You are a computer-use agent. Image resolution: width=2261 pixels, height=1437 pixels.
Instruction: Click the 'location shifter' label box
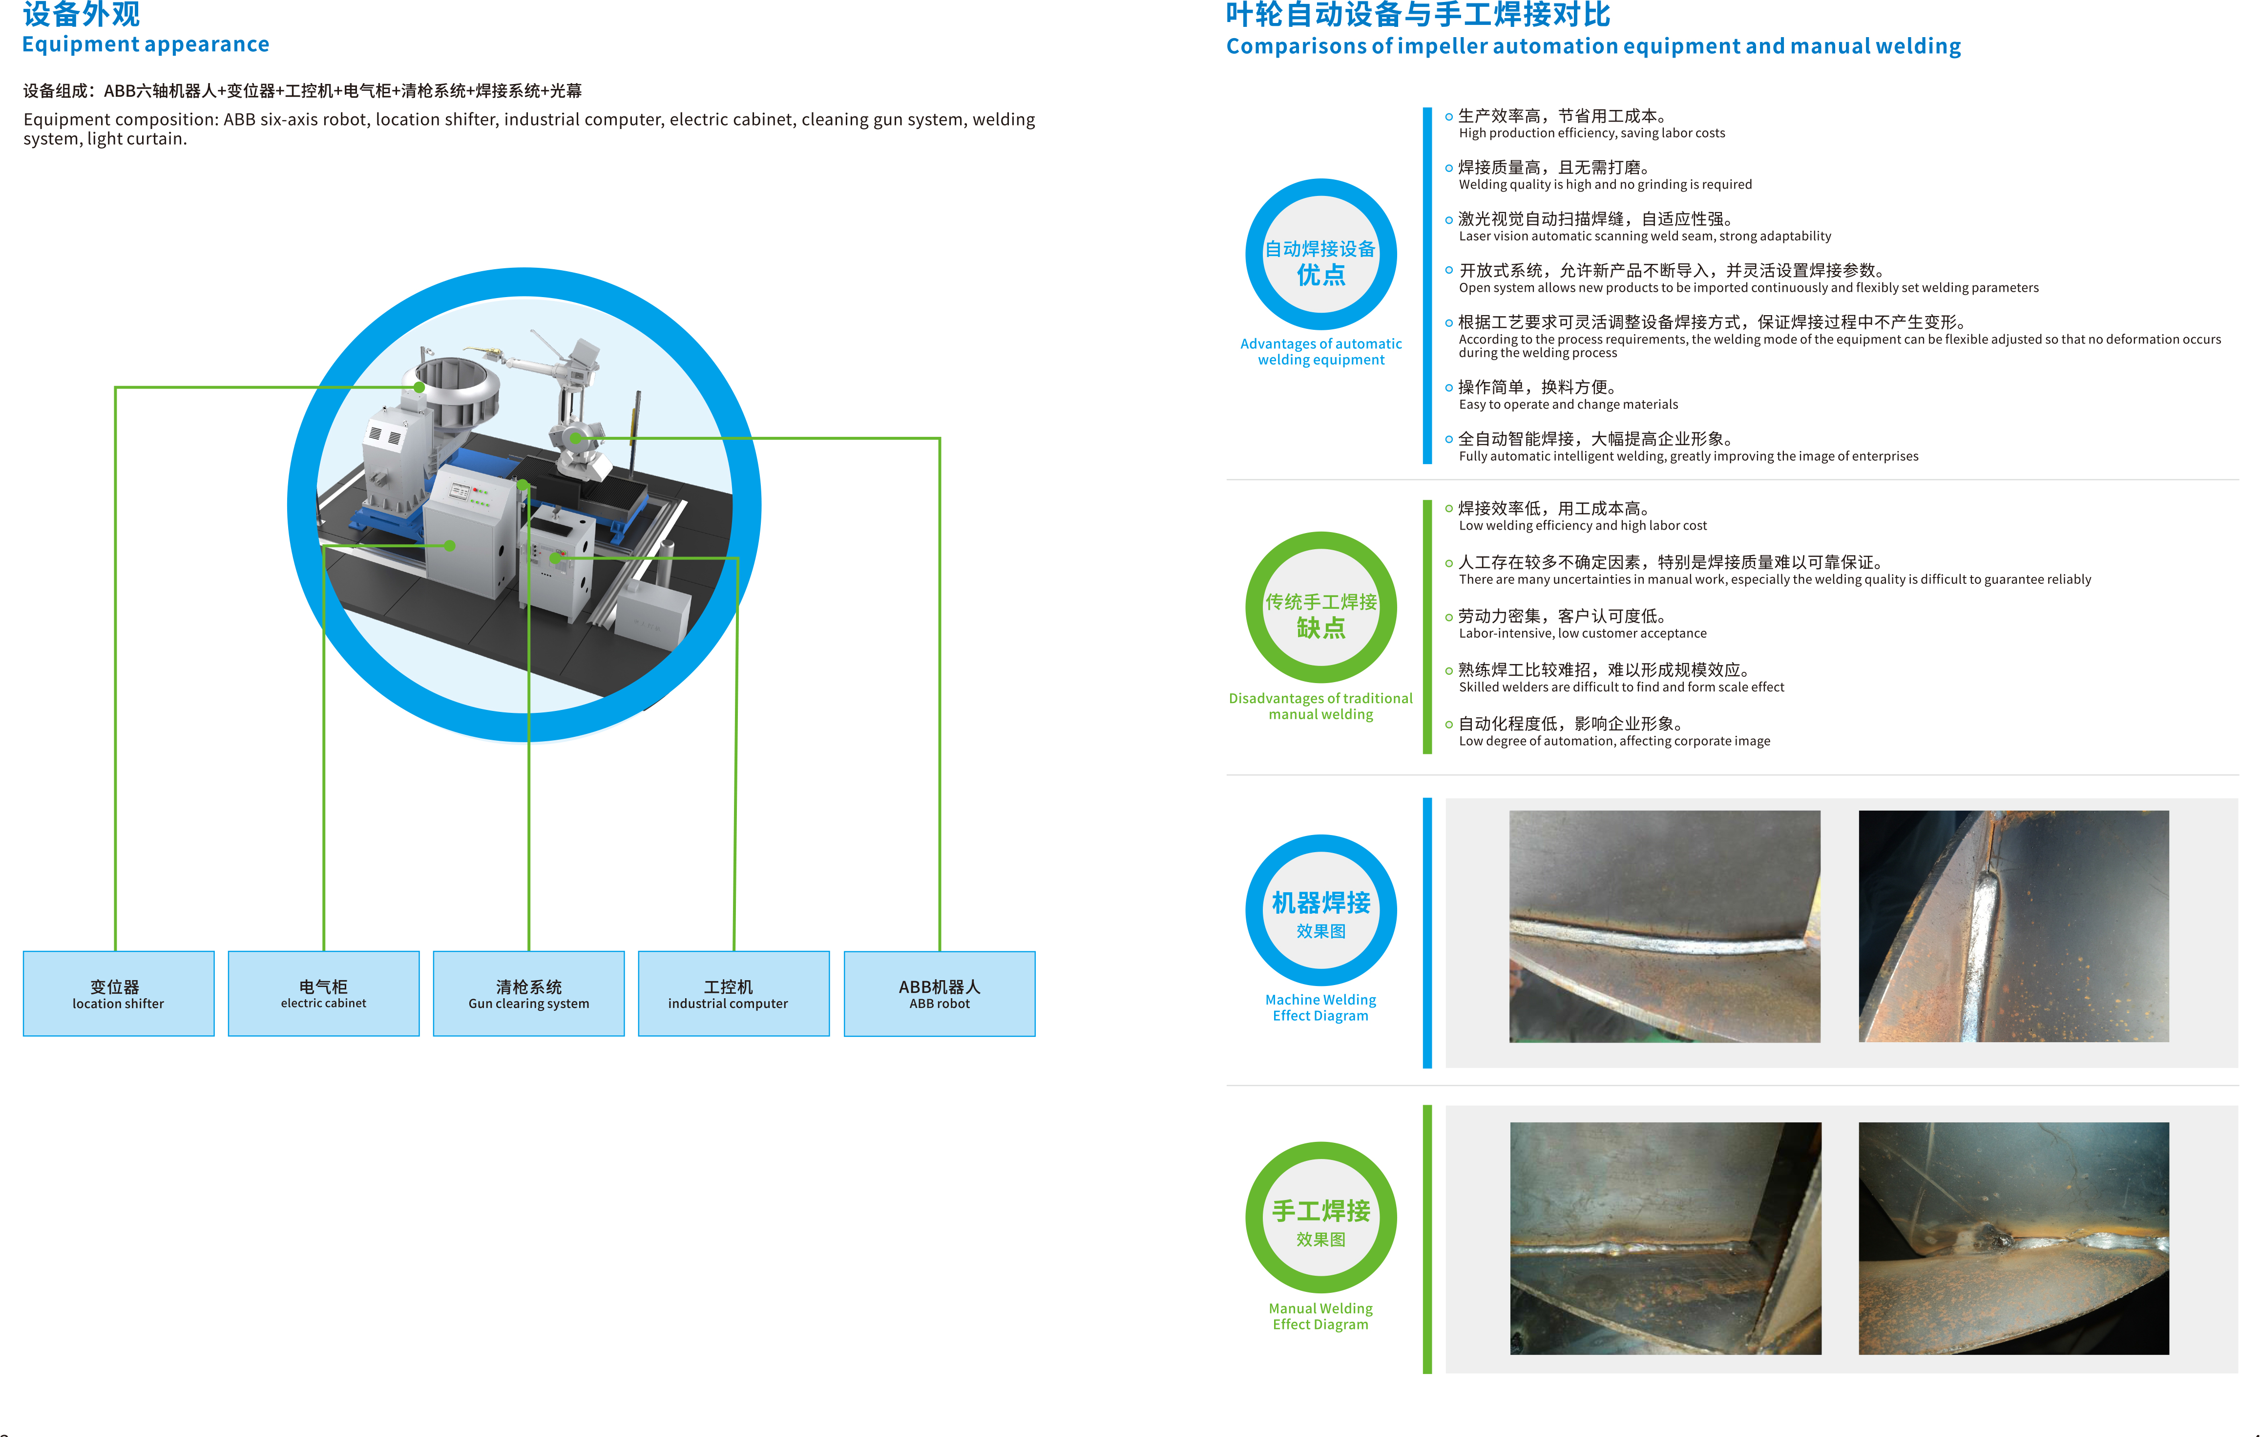tap(118, 994)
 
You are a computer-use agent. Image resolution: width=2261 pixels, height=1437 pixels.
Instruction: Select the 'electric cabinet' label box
tap(324, 994)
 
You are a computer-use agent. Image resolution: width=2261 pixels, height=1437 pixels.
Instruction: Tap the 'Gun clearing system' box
tap(529, 994)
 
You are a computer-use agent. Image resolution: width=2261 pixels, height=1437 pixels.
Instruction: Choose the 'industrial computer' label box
tap(733, 994)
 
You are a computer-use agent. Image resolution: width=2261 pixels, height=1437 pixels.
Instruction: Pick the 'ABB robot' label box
tap(940, 994)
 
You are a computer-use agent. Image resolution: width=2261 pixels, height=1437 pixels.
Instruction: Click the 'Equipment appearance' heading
tap(146, 44)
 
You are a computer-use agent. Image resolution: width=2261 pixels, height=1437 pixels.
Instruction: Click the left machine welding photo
tap(1665, 926)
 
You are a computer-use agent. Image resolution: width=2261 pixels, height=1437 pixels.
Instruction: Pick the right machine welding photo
tap(2014, 926)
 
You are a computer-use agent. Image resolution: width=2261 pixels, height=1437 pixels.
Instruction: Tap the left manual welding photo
tap(1666, 1238)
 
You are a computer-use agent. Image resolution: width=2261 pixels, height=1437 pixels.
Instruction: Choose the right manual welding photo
tap(2014, 1238)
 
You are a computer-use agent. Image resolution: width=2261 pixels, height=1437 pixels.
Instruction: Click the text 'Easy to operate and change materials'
tap(1568, 405)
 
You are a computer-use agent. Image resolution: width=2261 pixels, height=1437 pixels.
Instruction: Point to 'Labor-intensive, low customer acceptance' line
tap(1582, 634)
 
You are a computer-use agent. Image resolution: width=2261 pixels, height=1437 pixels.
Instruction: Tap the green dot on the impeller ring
tap(419, 387)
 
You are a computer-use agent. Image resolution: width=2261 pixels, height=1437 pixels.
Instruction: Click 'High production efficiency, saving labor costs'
tap(1591, 133)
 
